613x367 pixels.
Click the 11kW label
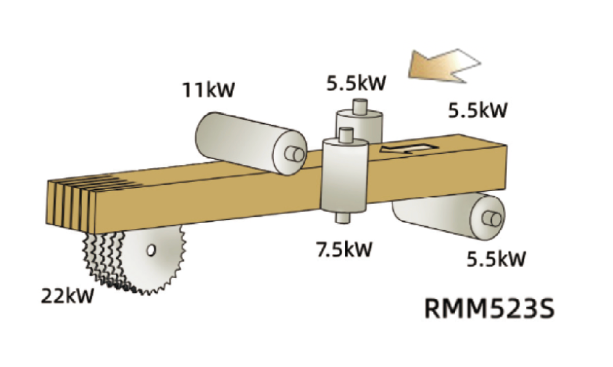click(x=208, y=89)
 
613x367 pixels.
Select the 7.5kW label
click(x=345, y=248)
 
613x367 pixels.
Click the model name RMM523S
click(x=489, y=308)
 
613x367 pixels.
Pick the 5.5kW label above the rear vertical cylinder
click(x=356, y=83)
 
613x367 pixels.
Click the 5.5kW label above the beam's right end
click(x=478, y=110)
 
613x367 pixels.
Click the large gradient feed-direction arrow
click(x=445, y=66)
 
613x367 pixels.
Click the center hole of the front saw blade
click(x=151, y=250)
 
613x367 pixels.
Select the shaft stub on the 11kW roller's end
click(x=295, y=154)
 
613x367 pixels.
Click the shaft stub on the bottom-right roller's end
click(x=492, y=219)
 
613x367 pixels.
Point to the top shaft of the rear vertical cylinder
click(x=360, y=107)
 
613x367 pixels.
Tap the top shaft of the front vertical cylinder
click(x=346, y=135)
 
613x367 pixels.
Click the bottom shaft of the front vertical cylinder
click(x=343, y=218)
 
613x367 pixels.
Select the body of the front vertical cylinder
click(x=345, y=175)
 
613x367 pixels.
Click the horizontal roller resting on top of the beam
click(x=251, y=143)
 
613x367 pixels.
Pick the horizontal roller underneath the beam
click(x=449, y=216)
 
